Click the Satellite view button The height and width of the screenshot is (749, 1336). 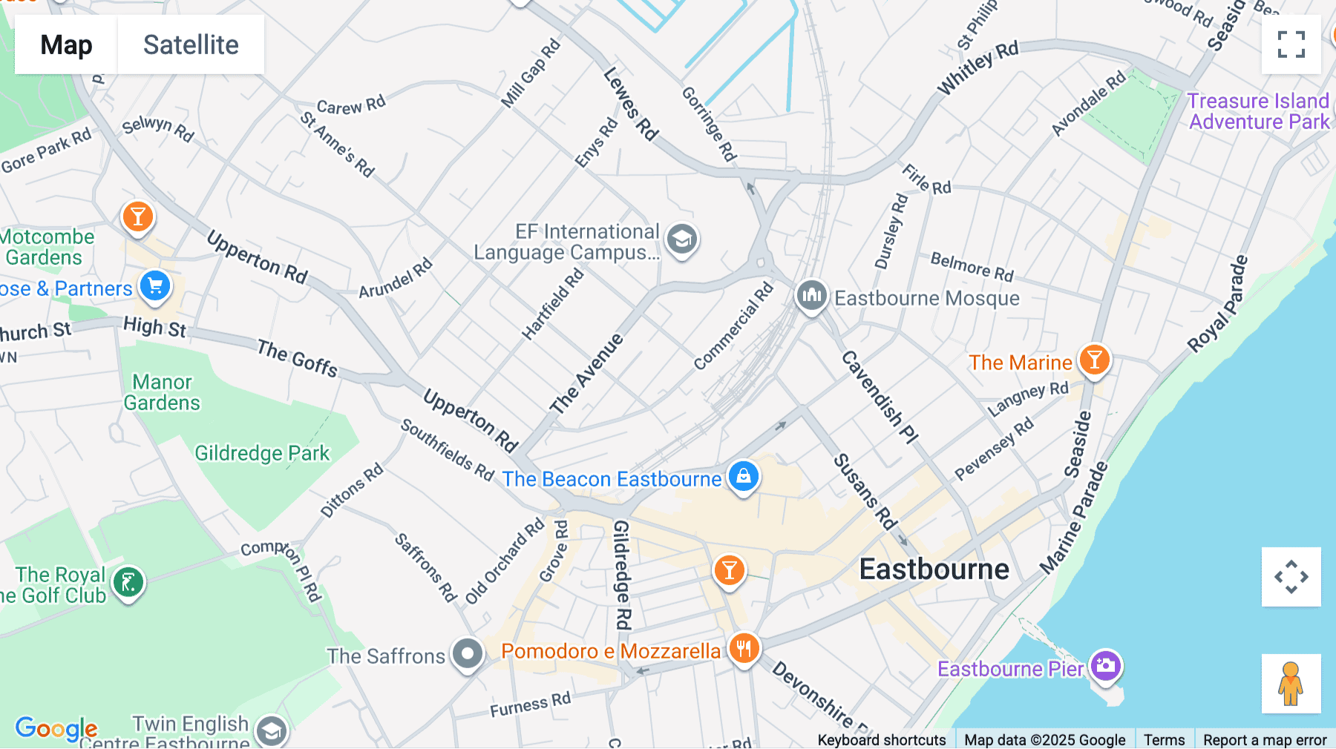coord(191,44)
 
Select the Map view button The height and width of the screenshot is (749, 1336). coord(66,44)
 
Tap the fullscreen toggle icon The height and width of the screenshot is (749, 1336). coord(1291,44)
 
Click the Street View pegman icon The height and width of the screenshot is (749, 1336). coord(1291,683)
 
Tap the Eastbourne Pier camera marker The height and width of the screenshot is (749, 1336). coord(1105,664)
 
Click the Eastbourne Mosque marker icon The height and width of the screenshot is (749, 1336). coord(811,295)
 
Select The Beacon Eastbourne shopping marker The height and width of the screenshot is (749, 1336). coord(743,477)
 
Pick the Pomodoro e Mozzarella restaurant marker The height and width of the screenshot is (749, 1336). coord(743,648)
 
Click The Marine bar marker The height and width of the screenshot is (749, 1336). coord(1094,360)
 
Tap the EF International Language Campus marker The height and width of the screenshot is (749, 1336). coord(681,240)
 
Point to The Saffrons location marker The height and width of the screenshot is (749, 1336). coord(468,654)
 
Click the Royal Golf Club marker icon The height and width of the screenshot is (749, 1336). coord(128,583)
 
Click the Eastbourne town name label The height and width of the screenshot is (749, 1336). coord(934,570)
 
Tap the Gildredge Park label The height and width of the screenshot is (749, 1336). coord(261,453)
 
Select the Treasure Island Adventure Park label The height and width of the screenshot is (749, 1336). coord(1258,111)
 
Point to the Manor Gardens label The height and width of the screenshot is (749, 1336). coord(162,392)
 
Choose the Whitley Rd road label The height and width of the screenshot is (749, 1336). coord(978,68)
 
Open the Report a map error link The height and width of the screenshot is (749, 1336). coord(1264,739)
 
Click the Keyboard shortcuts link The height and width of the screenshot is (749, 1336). coord(881,739)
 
